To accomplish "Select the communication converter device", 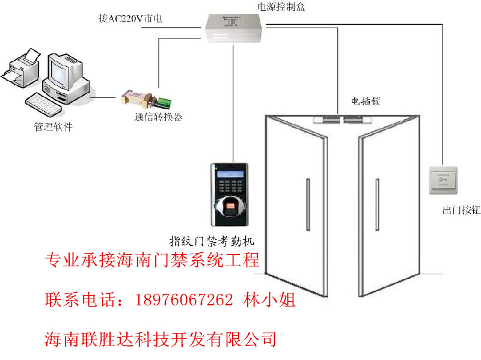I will point(136,97).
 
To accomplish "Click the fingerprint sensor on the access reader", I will point(231,209).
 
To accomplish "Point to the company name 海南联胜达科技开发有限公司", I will point(161,340).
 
